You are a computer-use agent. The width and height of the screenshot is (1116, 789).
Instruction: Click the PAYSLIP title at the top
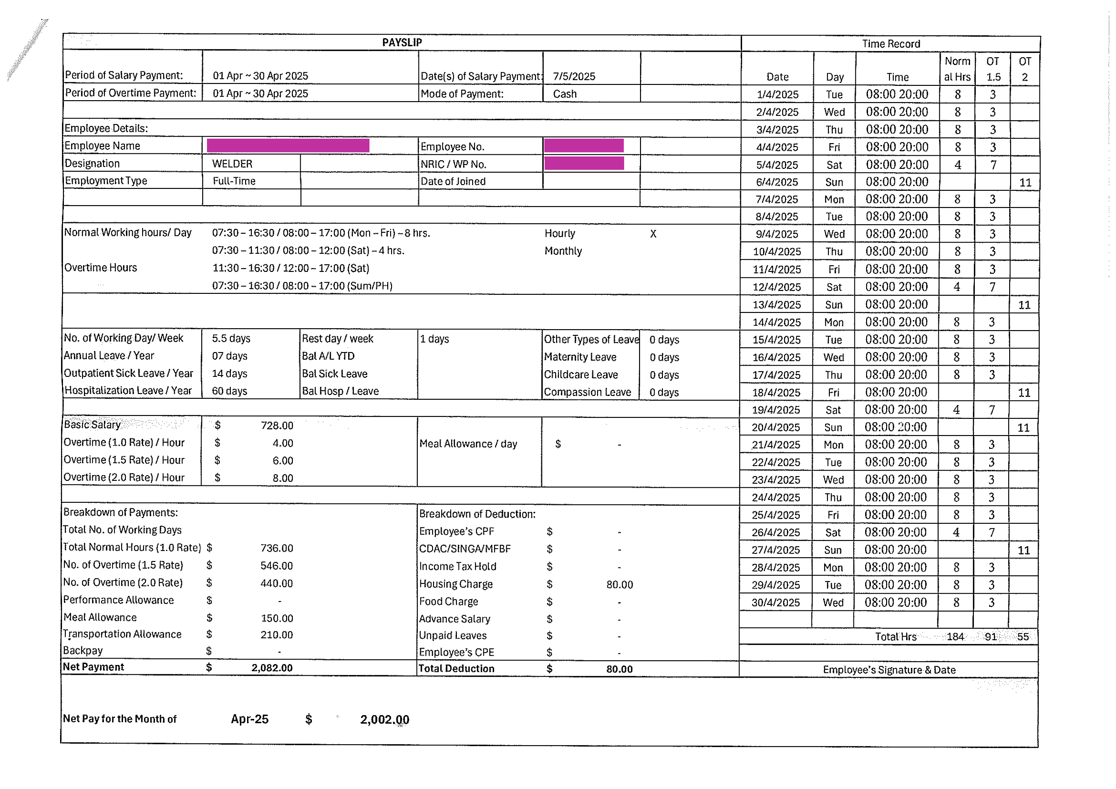point(402,42)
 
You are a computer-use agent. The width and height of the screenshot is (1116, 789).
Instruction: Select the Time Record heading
point(891,44)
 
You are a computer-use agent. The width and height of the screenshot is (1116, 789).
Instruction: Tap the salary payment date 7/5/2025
point(574,76)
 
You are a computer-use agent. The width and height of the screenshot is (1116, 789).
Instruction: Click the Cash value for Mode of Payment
point(565,94)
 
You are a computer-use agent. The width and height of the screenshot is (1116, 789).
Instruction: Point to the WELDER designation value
point(232,164)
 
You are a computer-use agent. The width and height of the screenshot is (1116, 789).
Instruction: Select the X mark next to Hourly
point(653,234)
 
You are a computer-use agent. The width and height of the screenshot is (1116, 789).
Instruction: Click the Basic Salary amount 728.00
point(277,426)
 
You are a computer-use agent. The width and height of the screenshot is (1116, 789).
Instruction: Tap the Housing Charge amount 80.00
point(620,584)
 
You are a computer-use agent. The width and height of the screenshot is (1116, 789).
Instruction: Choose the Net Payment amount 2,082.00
point(272,668)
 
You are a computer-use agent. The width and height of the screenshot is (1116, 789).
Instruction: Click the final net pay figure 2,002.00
point(384,719)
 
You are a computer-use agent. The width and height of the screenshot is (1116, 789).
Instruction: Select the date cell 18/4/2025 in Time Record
point(776,392)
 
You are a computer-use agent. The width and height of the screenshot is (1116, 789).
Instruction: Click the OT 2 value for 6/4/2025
point(1025,182)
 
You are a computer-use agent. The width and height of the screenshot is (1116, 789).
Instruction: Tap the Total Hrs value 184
point(955,636)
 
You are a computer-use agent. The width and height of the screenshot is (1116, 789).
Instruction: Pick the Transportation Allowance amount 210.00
point(277,634)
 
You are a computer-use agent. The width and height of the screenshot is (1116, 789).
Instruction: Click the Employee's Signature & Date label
point(889,669)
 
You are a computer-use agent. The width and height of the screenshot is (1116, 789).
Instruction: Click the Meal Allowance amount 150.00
point(277,618)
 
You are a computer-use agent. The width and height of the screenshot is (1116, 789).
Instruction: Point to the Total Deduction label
point(456,668)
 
